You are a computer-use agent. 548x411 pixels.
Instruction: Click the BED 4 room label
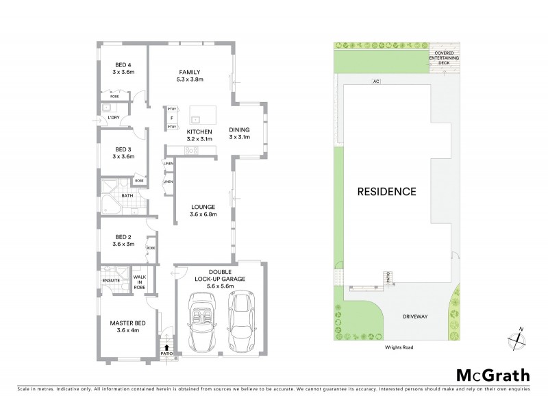[124, 67]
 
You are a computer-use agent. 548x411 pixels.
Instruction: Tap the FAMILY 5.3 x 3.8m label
[190, 75]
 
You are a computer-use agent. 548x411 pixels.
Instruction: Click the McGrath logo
[493, 375]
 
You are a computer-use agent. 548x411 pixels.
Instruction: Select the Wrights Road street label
[397, 347]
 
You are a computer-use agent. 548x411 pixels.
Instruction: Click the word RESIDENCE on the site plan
[386, 191]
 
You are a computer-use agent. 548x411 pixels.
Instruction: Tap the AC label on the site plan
[375, 82]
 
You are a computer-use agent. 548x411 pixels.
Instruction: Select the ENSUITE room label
[111, 280]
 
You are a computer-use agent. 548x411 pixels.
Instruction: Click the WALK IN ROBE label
[138, 281]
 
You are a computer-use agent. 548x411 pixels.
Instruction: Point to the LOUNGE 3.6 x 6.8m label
[203, 210]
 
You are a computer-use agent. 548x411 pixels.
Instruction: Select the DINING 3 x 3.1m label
[240, 133]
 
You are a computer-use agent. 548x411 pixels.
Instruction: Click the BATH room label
[127, 196]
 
